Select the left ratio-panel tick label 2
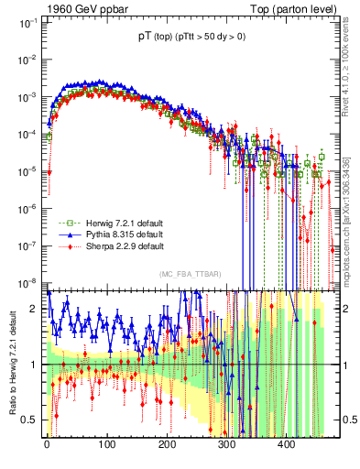(34, 309)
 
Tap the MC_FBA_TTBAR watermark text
(190, 274)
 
